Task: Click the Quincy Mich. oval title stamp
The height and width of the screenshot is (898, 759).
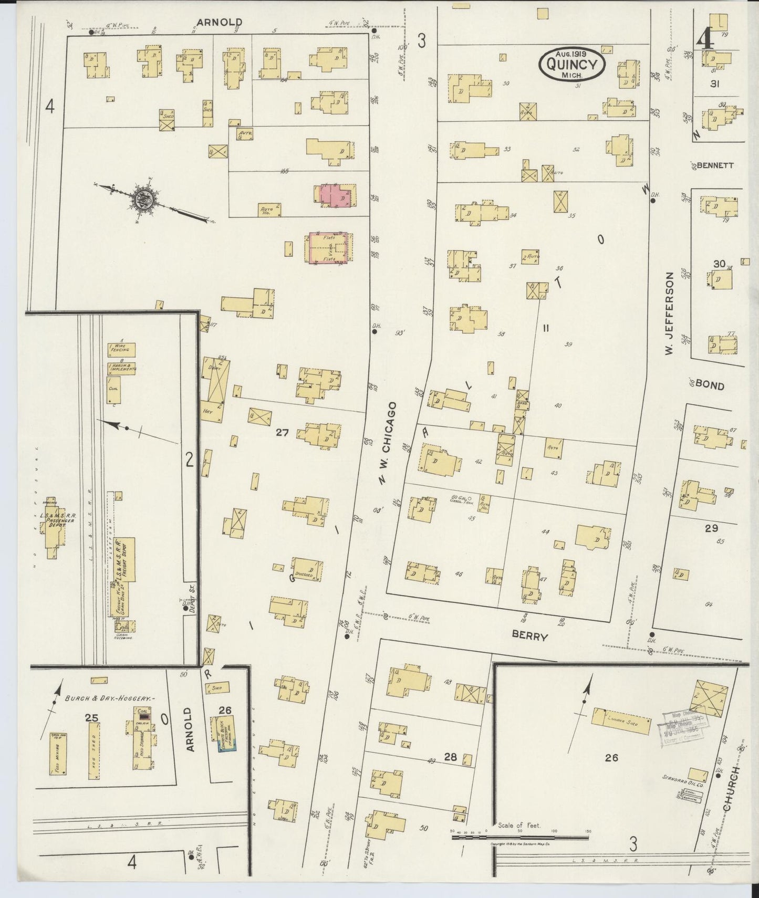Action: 572,64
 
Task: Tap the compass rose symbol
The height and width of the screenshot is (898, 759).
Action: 142,199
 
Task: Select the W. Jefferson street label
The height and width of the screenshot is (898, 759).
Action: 669,313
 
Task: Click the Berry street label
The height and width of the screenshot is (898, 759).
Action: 530,636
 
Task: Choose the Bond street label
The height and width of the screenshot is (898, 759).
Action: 710,385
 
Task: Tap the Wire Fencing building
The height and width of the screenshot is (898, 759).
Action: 121,349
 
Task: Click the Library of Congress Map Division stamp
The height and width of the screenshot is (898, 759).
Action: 684,728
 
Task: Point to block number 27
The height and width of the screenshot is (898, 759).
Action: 282,433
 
